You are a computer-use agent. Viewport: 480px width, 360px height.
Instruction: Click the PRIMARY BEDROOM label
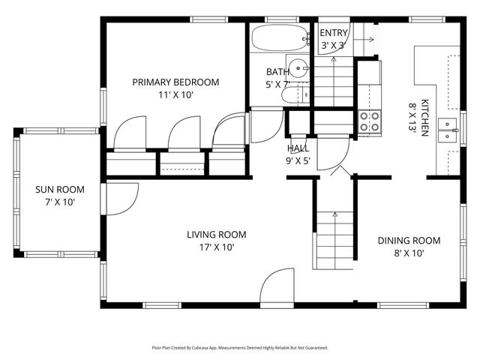tap(175, 82)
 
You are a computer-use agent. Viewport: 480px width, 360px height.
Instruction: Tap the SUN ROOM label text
tap(60, 190)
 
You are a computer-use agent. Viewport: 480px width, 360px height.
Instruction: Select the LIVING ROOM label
tap(216, 235)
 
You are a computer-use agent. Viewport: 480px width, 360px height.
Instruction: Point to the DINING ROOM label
tap(409, 241)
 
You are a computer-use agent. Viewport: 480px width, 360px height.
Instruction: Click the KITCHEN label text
tap(424, 118)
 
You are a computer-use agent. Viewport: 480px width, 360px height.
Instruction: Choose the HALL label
tap(298, 148)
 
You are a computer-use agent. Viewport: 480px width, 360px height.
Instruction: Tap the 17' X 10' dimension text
tap(216, 247)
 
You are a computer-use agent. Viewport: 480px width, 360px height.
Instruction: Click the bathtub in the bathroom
tap(278, 38)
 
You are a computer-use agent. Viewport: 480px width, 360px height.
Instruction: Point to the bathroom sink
tap(299, 68)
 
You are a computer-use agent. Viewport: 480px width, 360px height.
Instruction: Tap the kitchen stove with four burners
tap(368, 122)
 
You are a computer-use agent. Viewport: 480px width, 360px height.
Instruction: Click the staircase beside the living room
tap(333, 240)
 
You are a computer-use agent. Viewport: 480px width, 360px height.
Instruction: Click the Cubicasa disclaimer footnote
tap(239, 348)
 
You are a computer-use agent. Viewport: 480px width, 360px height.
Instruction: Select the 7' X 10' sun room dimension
tap(60, 202)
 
